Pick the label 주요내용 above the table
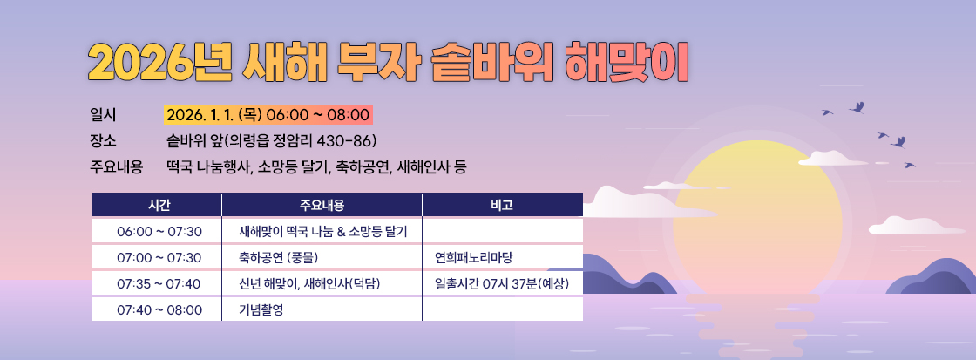(116, 166)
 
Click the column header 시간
(158, 205)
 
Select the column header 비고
(502, 205)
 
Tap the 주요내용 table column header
(322, 205)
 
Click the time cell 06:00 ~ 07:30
(159, 231)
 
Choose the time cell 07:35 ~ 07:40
(159, 283)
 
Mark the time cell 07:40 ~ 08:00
(159, 309)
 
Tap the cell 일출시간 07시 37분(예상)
(502, 283)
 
